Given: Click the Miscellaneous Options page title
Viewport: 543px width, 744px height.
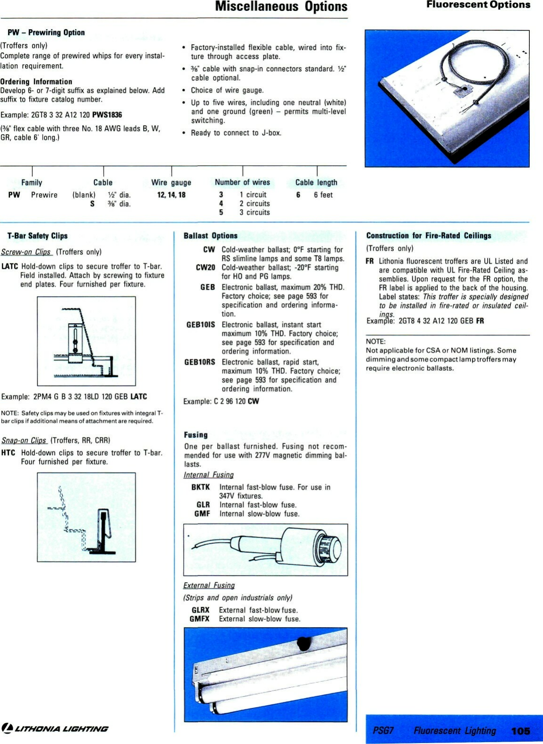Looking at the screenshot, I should pyautogui.click(x=281, y=7).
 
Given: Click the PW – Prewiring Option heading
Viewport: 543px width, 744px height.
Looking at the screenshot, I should pyautogui.click(x=46, y=33).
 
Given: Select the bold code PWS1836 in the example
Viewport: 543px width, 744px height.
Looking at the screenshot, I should pyautogui.click(x=107, y=115).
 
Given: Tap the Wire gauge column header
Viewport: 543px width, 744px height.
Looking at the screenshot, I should pyautogui.click(x=171, y=182).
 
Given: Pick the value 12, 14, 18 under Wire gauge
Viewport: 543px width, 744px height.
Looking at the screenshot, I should pyautogui.click(x=171, y=195).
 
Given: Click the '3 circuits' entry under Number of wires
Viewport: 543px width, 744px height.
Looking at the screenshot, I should pyautogui.click(x=255, y=213).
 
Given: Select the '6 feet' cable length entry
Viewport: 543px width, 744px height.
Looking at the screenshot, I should pyautogui.click(x=323, y=195).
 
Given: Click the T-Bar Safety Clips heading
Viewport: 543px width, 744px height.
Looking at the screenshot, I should pyautogui.click(x=37, y=236).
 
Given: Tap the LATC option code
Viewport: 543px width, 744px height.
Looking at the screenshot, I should pyautogui.click(x=9, y=266).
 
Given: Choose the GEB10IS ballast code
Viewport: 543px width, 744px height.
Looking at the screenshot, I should pyautogui.click(x=200, y=325).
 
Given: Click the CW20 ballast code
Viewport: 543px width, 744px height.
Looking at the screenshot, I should pyautogui.click(x=205, y=267).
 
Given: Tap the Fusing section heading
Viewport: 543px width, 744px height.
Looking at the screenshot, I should pyautogui.click(x=195, y=435).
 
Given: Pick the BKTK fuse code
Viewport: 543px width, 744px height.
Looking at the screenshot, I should pyautogui.click(x=200, y=487).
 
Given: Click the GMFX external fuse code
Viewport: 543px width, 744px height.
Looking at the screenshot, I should pyautogui.click(x=199, y=619).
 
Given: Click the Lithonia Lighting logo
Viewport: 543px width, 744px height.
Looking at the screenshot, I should pyautogui.click(x=55, y=728).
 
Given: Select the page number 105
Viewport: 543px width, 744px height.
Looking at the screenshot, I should pyautogui.click(x=520, y=731).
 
